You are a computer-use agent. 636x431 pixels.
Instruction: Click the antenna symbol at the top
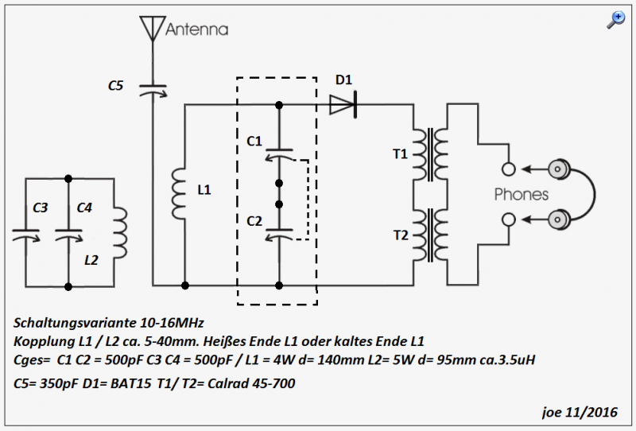tap(153, 29)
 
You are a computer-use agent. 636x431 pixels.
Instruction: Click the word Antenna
tap(196, 29)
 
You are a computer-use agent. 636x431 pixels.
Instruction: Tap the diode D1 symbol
tap(343, 105)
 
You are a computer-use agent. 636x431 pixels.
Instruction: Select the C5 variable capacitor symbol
tap(153, 91)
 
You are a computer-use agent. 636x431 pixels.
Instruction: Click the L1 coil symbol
tap(178, 194)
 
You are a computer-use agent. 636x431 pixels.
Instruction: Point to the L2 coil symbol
tap(121, 233)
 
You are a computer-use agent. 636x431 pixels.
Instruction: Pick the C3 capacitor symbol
tap(26, 235)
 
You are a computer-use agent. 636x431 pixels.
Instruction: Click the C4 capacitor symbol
tap(68, 235)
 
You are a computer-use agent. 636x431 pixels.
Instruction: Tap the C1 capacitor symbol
tap(279, 154)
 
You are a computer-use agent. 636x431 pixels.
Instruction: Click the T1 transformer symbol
tap(430, 154)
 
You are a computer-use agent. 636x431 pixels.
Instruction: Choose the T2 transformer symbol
tap(430, 235)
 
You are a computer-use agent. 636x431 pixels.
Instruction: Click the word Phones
tap(522, 194)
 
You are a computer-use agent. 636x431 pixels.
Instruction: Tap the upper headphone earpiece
tap(559, 169)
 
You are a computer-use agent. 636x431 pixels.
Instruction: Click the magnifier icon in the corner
tap(615, 20)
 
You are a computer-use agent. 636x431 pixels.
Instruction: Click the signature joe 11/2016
tap(580, 413)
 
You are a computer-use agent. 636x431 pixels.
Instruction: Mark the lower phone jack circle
tap(509, 219)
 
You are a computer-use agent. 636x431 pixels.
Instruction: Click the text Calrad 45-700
tap(251, 383)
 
